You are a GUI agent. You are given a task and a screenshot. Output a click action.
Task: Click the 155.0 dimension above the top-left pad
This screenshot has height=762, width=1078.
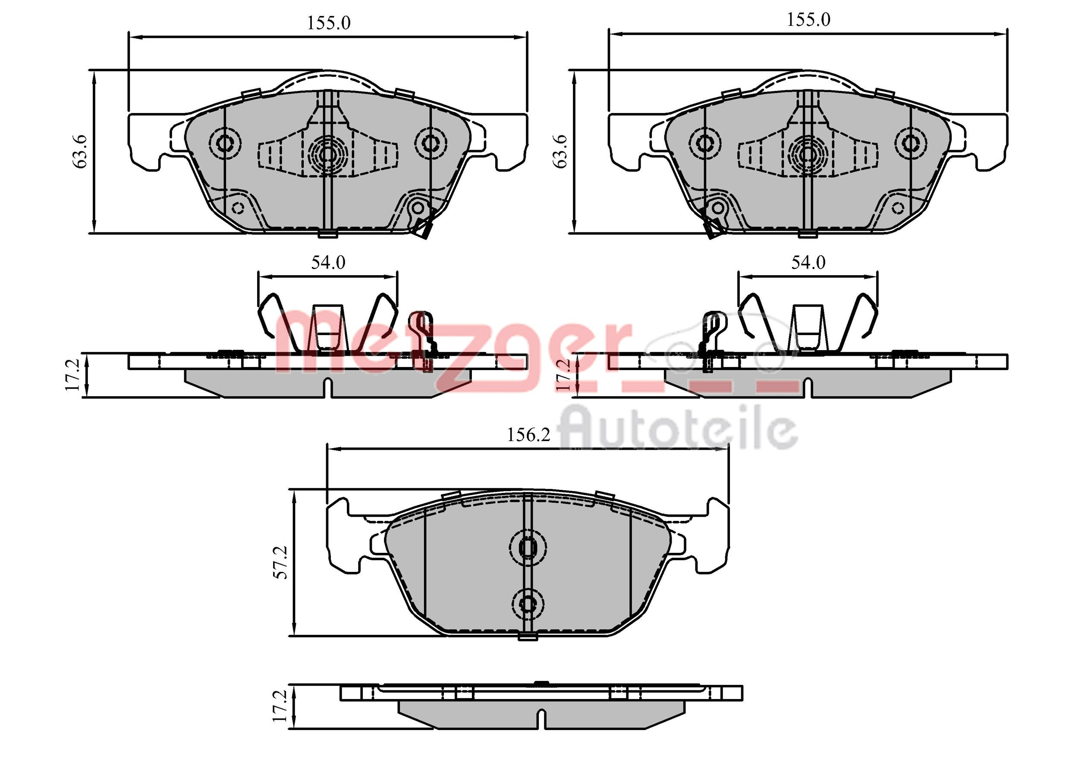(x=329, y=23)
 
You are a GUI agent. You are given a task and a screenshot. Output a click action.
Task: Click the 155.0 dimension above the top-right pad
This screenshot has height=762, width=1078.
(x=808, y=20)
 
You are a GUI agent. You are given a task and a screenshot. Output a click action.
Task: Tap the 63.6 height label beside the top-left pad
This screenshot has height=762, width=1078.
(x=80, y=151)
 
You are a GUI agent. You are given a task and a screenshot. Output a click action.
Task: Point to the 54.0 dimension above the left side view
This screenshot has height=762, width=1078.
(x=328, y=263)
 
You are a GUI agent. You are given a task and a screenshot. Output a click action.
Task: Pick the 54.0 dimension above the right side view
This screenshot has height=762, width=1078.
(x=808, y=263)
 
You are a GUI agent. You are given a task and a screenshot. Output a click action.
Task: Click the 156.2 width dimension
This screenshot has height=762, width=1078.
(x=528, y=435)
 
